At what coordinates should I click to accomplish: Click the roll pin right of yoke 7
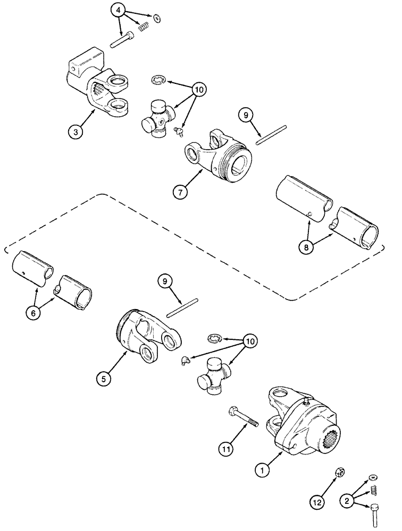click(271, 134)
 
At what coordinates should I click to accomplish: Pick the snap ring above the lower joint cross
click(214, 338)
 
